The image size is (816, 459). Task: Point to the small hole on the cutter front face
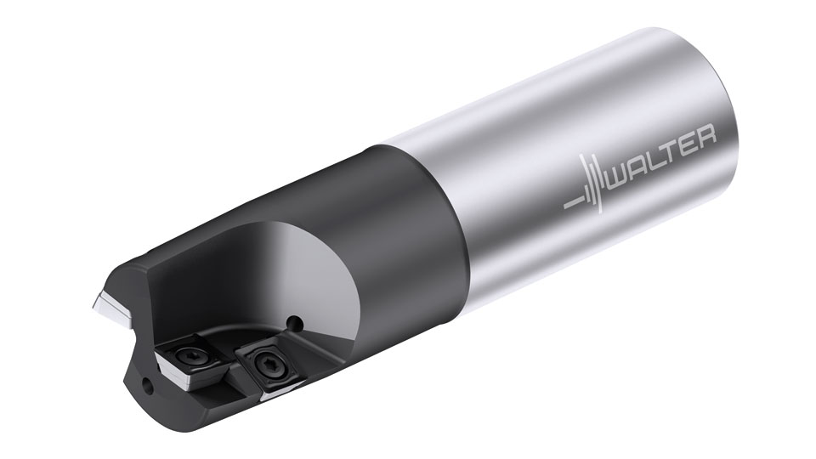coord(149,384)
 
